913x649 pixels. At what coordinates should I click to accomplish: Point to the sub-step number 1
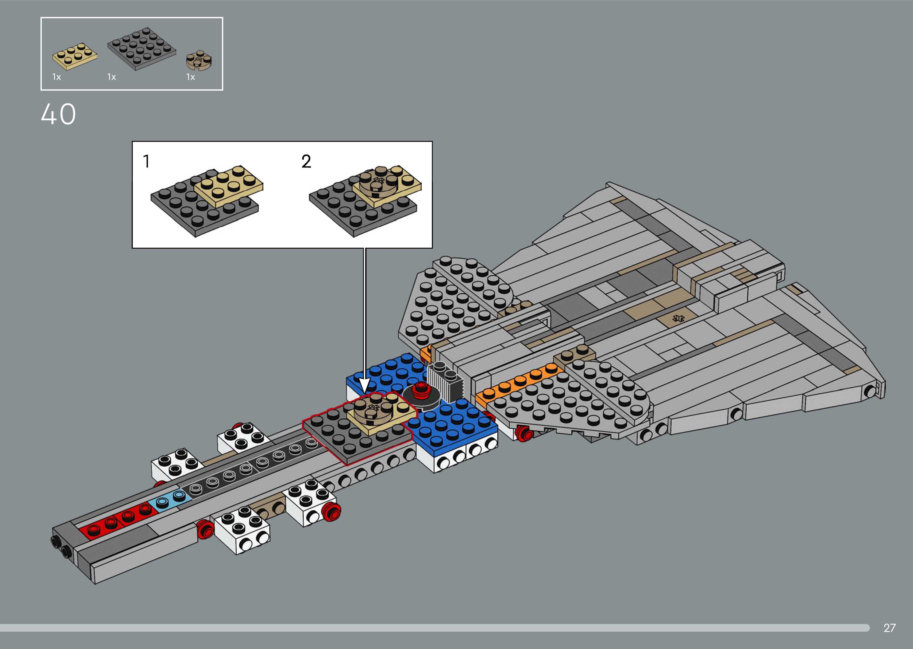[x=146, y=161]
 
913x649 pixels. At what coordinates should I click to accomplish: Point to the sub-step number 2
[x=306, y=161]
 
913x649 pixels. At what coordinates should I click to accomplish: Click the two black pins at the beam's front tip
[x=60, y=547]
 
